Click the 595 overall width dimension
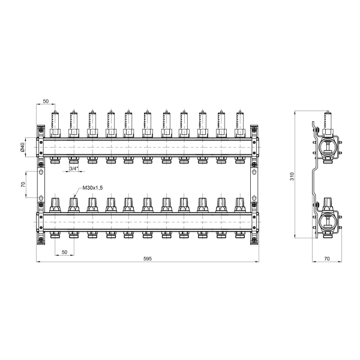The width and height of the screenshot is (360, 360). tap(148, 259)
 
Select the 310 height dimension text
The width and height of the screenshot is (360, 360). tap(292, 176)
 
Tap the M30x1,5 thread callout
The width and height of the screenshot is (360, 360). tap(92, 188)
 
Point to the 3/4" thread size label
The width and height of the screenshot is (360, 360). tap(74, 169)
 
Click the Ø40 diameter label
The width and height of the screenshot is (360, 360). tap(22, 147)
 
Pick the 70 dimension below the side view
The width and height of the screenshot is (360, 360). tap(327, 259)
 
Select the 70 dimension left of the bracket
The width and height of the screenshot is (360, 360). tap(23, 184)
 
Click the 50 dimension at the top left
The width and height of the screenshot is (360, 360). tap(46, 101)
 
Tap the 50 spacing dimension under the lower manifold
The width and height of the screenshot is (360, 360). tap(65, 252)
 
